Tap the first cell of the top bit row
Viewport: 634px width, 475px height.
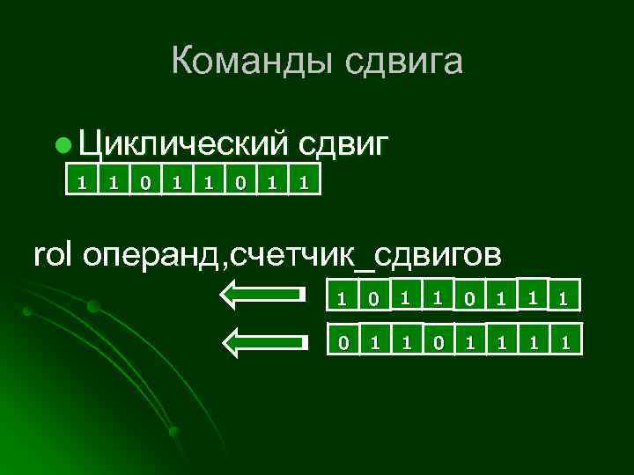[x=82, y=183]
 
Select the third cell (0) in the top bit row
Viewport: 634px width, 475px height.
[x=145, y=183]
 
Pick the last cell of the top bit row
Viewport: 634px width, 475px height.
[x=303, y=183]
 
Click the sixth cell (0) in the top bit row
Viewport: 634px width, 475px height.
[x=240, y=183]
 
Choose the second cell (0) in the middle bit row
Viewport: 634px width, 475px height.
[x=373, y=299]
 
